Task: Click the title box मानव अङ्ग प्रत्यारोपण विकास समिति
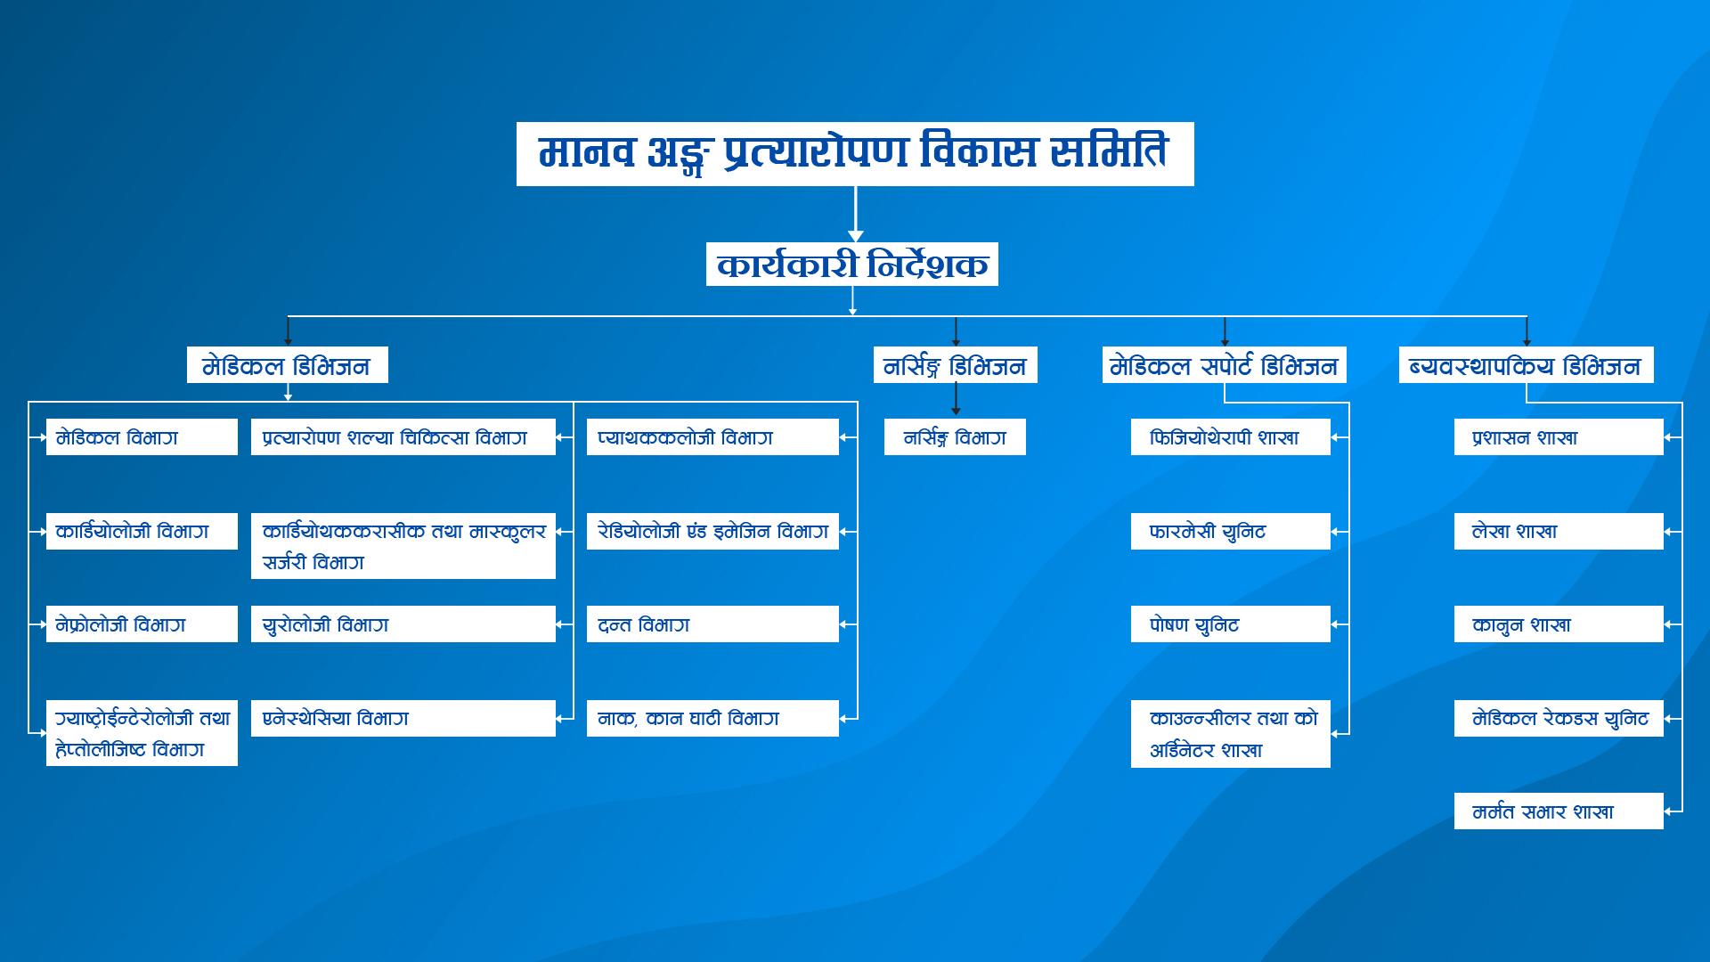click(x=855, y=154)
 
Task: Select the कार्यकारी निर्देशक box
click(x=852, y=265)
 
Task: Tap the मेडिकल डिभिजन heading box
click(x=288, y=365)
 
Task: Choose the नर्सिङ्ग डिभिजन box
click(x=956, y=365)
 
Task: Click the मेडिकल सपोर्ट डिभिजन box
click(x=1225, y=365)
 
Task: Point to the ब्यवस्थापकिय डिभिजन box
click(x=1527, y=365)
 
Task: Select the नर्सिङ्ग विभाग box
click(x=955, y=437)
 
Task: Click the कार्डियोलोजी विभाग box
click(x=142, y=532)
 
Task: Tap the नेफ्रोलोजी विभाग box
click(x=142, y=624)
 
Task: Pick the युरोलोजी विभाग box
click(x=403, y=624)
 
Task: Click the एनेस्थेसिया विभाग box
click(x=403, y=719)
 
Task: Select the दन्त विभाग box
click(x=712, y=624)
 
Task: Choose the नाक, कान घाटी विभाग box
click(x=712, y=719)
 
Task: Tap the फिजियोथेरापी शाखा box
click(x=1231, y=437)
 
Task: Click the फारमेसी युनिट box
click(x=1231, y=532)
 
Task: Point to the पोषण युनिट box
click(x=1231, y=624)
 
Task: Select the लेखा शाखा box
click(x=1559, y=532)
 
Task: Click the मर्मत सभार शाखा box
click(x=1559, y=811)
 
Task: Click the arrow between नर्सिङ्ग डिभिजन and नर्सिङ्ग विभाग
click(x=956, y=400)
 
